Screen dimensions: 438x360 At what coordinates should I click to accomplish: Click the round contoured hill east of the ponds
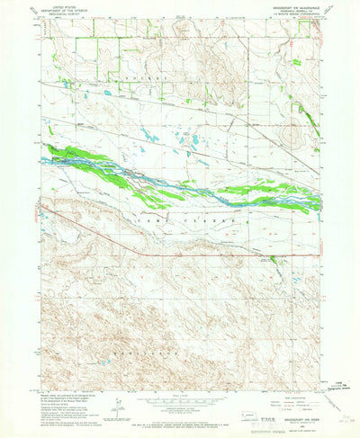coord(292,136)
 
